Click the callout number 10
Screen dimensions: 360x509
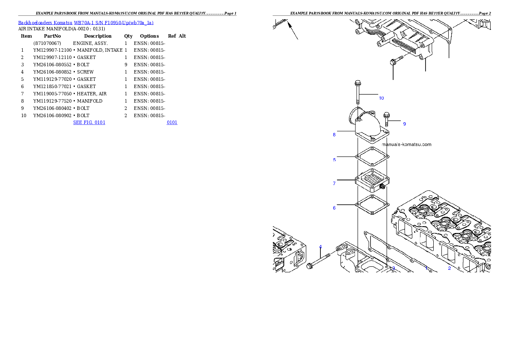coord(381,98)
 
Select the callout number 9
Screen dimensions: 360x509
coord(404,124)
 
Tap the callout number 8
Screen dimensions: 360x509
coord(334,135)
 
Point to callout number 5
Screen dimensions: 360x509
coord(334,160)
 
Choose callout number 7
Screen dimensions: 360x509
coord(334,184)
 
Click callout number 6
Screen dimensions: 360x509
coord(334,208)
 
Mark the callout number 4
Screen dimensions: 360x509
coord(320,247)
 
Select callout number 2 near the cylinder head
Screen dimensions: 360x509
coord(449,269)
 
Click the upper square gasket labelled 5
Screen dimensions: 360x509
coord(372,157)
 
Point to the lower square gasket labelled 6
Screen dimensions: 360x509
coord(372,205)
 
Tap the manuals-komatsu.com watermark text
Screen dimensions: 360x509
coord(406,145)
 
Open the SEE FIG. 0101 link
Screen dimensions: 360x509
coord(89,122)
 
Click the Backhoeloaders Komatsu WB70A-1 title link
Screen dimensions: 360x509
coord(86,23)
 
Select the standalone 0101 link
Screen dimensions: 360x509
coord(172,122)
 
